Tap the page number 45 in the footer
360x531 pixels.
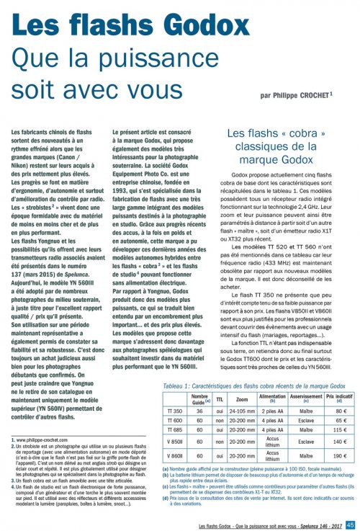click(351, 524)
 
